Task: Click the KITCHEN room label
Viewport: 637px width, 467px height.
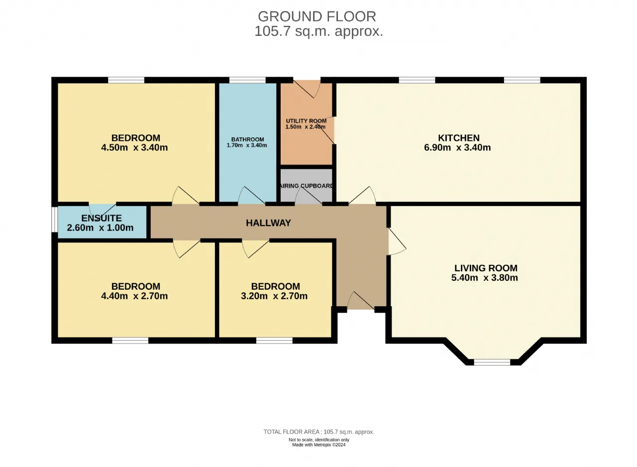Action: point(459,138)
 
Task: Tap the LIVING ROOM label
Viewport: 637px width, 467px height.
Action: point(486,268)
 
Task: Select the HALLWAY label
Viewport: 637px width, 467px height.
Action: point(268,223)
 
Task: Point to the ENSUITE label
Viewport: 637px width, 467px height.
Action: point(102,218)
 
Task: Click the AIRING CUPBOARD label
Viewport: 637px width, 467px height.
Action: point(307,186)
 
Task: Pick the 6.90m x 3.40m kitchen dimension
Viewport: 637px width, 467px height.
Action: point(457,147)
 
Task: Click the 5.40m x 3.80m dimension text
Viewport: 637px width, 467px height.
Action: point(485,278)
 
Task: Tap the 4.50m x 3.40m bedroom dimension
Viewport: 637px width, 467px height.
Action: point(134,147)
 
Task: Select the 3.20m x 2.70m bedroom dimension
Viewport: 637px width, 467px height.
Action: point(274,296)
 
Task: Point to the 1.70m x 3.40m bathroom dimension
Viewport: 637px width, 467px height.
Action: point(247,145)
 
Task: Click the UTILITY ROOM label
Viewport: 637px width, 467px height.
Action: point(306,121)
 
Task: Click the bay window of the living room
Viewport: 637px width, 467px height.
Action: point(492,362)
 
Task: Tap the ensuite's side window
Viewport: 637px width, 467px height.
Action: point(55,219)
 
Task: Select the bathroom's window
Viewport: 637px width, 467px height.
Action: point(247,80)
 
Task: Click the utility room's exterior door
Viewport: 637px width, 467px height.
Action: point(307,89)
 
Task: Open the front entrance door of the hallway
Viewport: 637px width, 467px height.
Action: point(361,301)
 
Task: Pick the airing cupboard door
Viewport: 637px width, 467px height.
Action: point(309,196)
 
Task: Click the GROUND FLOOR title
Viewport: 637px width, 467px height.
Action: point(317,16)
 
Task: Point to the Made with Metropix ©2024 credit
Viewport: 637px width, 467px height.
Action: point(319,445)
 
